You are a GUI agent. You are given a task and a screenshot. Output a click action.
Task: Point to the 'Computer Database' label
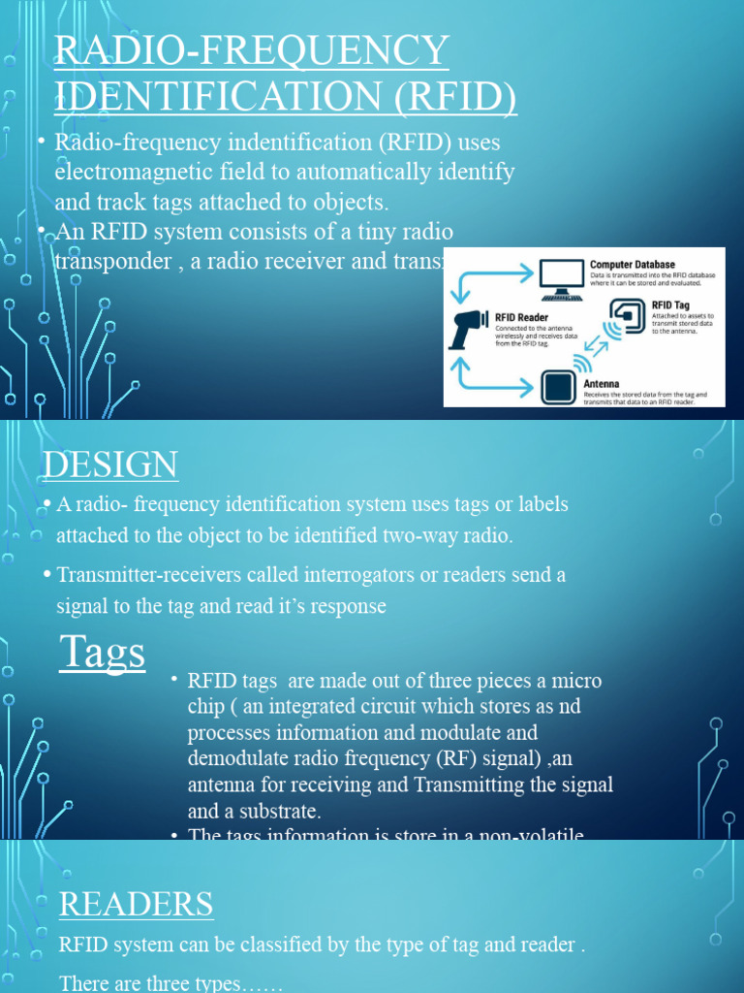point(633,264)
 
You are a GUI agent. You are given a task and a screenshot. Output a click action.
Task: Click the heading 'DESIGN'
point(110,465)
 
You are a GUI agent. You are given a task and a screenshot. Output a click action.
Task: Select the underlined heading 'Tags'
point(103,652)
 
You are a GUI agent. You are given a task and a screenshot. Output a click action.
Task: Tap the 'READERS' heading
point(136,904)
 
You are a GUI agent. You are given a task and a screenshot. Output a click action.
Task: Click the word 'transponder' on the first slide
point(110,263)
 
